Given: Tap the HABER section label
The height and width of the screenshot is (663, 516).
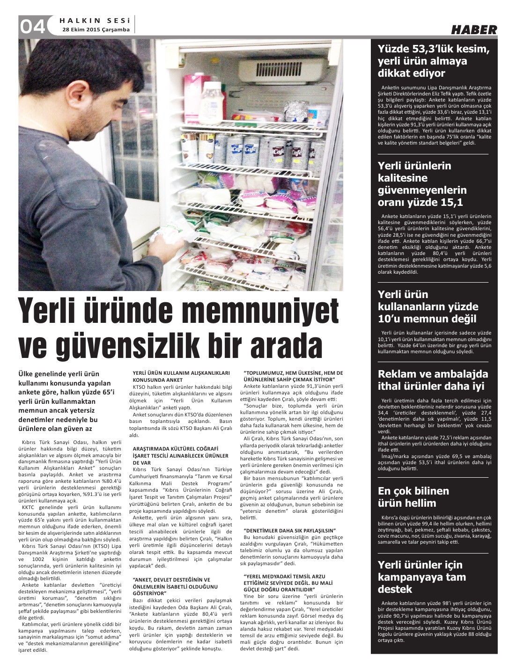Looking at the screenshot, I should click(x=473, y=29).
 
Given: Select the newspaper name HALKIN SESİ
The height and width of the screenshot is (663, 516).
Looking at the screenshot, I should click(x=96, y=20).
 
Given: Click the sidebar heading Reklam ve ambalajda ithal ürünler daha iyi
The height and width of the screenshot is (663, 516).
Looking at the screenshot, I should click(x=433, y=380).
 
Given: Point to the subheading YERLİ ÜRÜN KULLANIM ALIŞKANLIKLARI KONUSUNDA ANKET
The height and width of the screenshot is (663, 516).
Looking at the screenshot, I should click(x=181, y=377).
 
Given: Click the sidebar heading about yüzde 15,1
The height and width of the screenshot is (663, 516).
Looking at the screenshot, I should click(x=422, y=184).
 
